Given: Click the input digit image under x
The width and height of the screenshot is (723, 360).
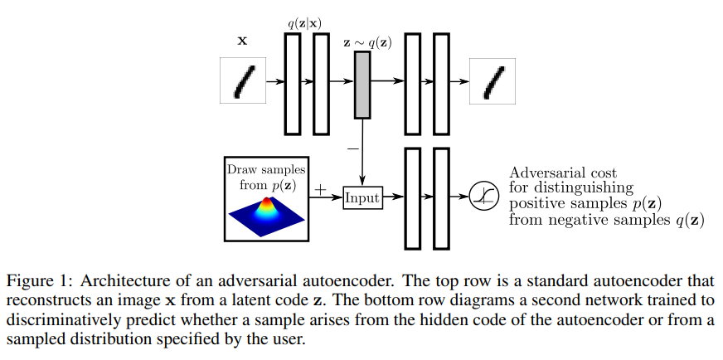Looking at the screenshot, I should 243,80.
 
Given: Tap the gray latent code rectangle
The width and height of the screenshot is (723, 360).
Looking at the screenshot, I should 362,82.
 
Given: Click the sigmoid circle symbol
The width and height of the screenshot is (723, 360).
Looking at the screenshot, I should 482,197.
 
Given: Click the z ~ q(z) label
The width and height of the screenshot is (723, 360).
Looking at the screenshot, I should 367,41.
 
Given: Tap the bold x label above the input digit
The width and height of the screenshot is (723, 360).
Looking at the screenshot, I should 243,39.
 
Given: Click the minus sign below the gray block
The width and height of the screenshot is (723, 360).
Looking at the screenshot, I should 352,148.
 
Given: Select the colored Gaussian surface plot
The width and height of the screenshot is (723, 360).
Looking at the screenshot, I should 266,214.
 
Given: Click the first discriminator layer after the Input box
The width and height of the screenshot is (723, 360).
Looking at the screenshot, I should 412,198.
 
